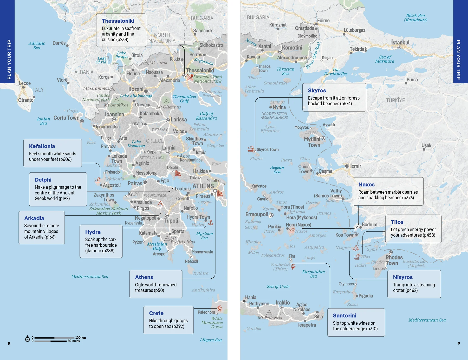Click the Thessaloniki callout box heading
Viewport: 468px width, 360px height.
pos(118,21)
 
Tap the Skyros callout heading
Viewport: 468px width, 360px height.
pos(317,90)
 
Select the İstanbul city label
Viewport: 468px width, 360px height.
pos(400,42)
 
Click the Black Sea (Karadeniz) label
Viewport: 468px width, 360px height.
pos(415,17)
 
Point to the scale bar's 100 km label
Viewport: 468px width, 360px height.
pos(80,338)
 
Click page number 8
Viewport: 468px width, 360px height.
pos(9,344)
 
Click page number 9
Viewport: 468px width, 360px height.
pos(459,344)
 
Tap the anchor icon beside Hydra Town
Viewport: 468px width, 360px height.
pos(211,222)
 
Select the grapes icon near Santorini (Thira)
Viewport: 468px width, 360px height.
pos(293,267)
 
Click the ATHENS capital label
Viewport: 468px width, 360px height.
pos(203,186)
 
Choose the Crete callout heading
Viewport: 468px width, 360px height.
pos(156,313)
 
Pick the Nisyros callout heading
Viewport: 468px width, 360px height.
pos(403,277)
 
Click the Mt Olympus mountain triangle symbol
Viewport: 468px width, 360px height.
pos(166,102)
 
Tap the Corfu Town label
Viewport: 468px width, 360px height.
pos(66,118)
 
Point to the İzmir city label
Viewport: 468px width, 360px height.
pos(355,166)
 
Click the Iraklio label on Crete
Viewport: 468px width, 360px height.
pos(283,303)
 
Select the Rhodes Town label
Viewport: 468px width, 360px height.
pos(394,260)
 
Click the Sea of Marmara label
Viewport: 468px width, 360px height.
pos(385,59)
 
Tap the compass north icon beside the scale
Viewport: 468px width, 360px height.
pos(27,339)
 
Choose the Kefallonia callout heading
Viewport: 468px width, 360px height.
pos(42,146)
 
